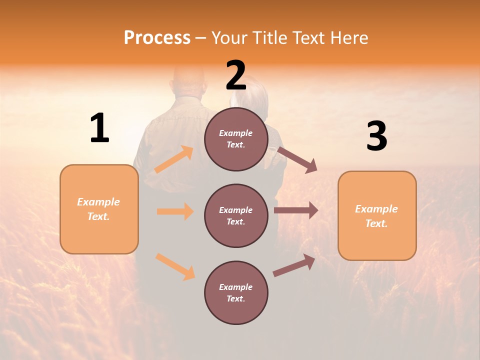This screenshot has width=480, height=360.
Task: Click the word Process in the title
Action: [157, 37]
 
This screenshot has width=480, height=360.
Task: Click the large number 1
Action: [99, 128]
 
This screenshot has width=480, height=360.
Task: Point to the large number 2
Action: [236, 75]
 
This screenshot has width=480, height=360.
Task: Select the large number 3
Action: [376, 136]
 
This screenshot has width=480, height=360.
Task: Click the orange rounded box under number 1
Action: [99, 209]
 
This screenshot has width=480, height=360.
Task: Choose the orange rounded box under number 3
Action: [377, 215]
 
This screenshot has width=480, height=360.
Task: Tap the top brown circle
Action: [236, 139]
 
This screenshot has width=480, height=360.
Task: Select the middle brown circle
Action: [236, 215]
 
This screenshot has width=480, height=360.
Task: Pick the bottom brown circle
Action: [236, 292]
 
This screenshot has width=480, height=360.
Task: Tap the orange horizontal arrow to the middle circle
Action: [175, 211]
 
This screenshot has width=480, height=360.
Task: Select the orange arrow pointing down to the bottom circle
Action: [175, 266]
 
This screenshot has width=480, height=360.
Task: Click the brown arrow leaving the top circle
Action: [297, 159]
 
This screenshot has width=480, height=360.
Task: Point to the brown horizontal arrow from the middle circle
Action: [296, 210]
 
